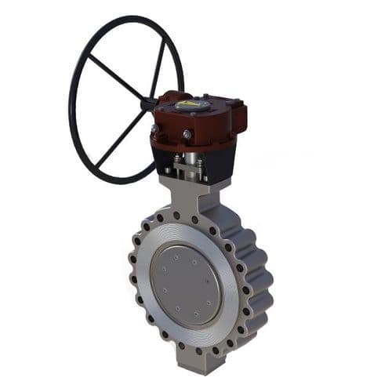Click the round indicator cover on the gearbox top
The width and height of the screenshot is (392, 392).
(187, 104)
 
